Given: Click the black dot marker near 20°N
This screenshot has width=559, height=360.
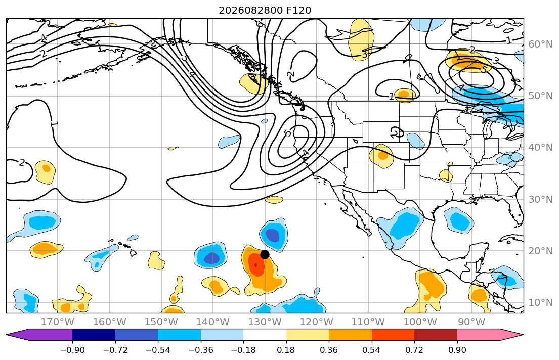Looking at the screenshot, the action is coord(265,254).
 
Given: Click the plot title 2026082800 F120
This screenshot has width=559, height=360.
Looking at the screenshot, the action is coord(265,10).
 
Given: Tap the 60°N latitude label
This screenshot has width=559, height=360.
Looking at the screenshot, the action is coord(540,44).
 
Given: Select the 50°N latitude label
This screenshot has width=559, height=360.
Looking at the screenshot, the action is coord(540,96).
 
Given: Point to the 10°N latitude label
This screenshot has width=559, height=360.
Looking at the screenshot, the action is coord(540,303).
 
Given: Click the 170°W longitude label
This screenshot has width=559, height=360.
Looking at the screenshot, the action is coord(57,322).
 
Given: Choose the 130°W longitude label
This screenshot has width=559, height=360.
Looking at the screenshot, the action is coord(265,322).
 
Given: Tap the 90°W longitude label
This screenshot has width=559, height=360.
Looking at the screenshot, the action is coord(471,322).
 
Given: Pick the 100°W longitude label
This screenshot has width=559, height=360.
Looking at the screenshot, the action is coord(420,322).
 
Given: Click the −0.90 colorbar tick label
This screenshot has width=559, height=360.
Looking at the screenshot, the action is coord(72,350).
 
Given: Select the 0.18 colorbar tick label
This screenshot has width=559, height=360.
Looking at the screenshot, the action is coord(286,350).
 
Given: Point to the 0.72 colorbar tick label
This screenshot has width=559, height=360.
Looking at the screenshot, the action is coord(414,350).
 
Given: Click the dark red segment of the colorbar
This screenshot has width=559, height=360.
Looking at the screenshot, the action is coord(436,335).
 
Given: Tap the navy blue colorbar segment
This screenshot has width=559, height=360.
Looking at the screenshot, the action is coord(94,335).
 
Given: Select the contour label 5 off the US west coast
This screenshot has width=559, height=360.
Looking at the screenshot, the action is coord(288,133).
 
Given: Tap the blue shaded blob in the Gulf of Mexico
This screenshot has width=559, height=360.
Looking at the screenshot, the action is coord(459,220).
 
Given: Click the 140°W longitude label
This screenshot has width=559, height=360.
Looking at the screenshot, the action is coord(213,322).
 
